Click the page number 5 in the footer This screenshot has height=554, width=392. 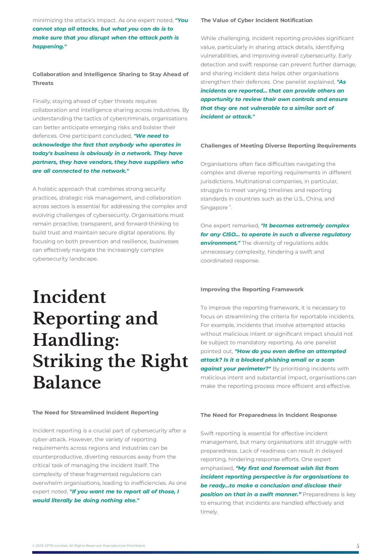coord(358,546)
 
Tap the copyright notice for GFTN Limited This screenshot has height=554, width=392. coord(89,545)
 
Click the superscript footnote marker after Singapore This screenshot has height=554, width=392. coord(230,206)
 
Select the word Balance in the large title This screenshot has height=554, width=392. coord(67,382)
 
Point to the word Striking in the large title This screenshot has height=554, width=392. coord(68,361)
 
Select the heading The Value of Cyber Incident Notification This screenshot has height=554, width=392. coord(256,20)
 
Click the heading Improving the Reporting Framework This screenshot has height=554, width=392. coord(252,289)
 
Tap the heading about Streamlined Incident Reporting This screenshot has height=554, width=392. coord(95,412)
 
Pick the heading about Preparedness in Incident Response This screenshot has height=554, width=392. coord(268,415)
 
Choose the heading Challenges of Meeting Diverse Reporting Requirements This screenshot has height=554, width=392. coord(278,146)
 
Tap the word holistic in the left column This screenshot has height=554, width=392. coord(49,189)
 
